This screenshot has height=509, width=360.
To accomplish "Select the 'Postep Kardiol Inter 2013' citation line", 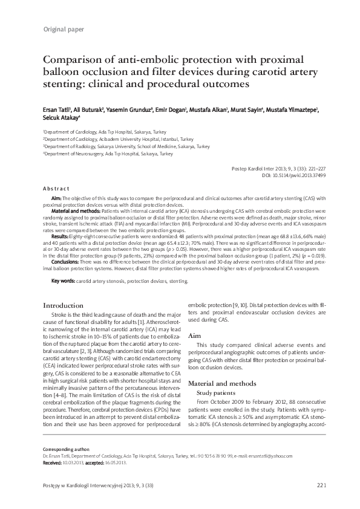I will [x=283, y=168].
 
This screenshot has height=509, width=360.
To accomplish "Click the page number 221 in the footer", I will [x=321, y=486].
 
